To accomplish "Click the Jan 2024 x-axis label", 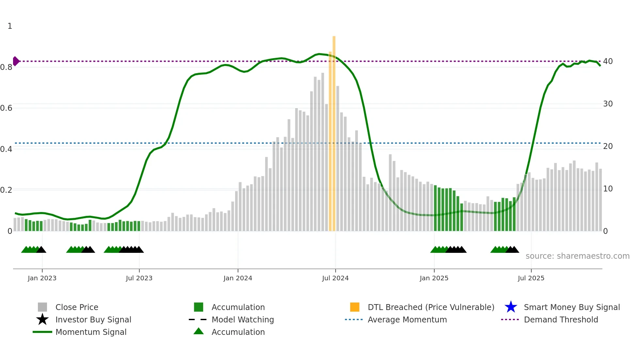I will [238, 278].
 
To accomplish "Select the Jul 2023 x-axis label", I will [139, 278].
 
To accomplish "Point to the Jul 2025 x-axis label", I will [531, 278].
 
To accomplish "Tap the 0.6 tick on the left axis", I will [6, 108].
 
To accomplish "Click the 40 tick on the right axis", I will [608, 61].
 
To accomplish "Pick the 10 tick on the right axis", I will [608, 189].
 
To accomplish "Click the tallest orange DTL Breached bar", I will [334, 131].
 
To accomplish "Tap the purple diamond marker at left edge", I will [16, 61].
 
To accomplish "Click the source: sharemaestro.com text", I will [577, 256].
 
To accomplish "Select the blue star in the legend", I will [511, 307].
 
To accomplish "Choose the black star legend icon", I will [42, 319].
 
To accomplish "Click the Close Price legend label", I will [77, 307].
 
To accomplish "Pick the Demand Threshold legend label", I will [561, 319].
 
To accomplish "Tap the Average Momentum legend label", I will [407, 319].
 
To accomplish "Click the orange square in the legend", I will [355, 307].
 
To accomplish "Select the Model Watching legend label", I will [243, 319].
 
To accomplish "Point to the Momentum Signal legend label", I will [91, 332].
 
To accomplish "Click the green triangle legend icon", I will [199, 331].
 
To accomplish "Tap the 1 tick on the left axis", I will [10, 26].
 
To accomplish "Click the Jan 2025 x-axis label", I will [434, 278].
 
